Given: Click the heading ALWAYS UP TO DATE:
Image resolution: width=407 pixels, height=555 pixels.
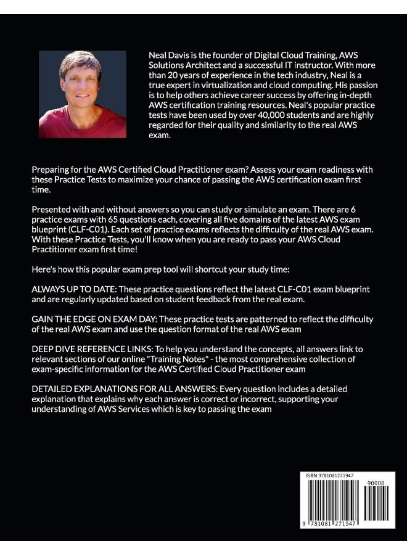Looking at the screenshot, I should pyautogui.click(x=71, y=290).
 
